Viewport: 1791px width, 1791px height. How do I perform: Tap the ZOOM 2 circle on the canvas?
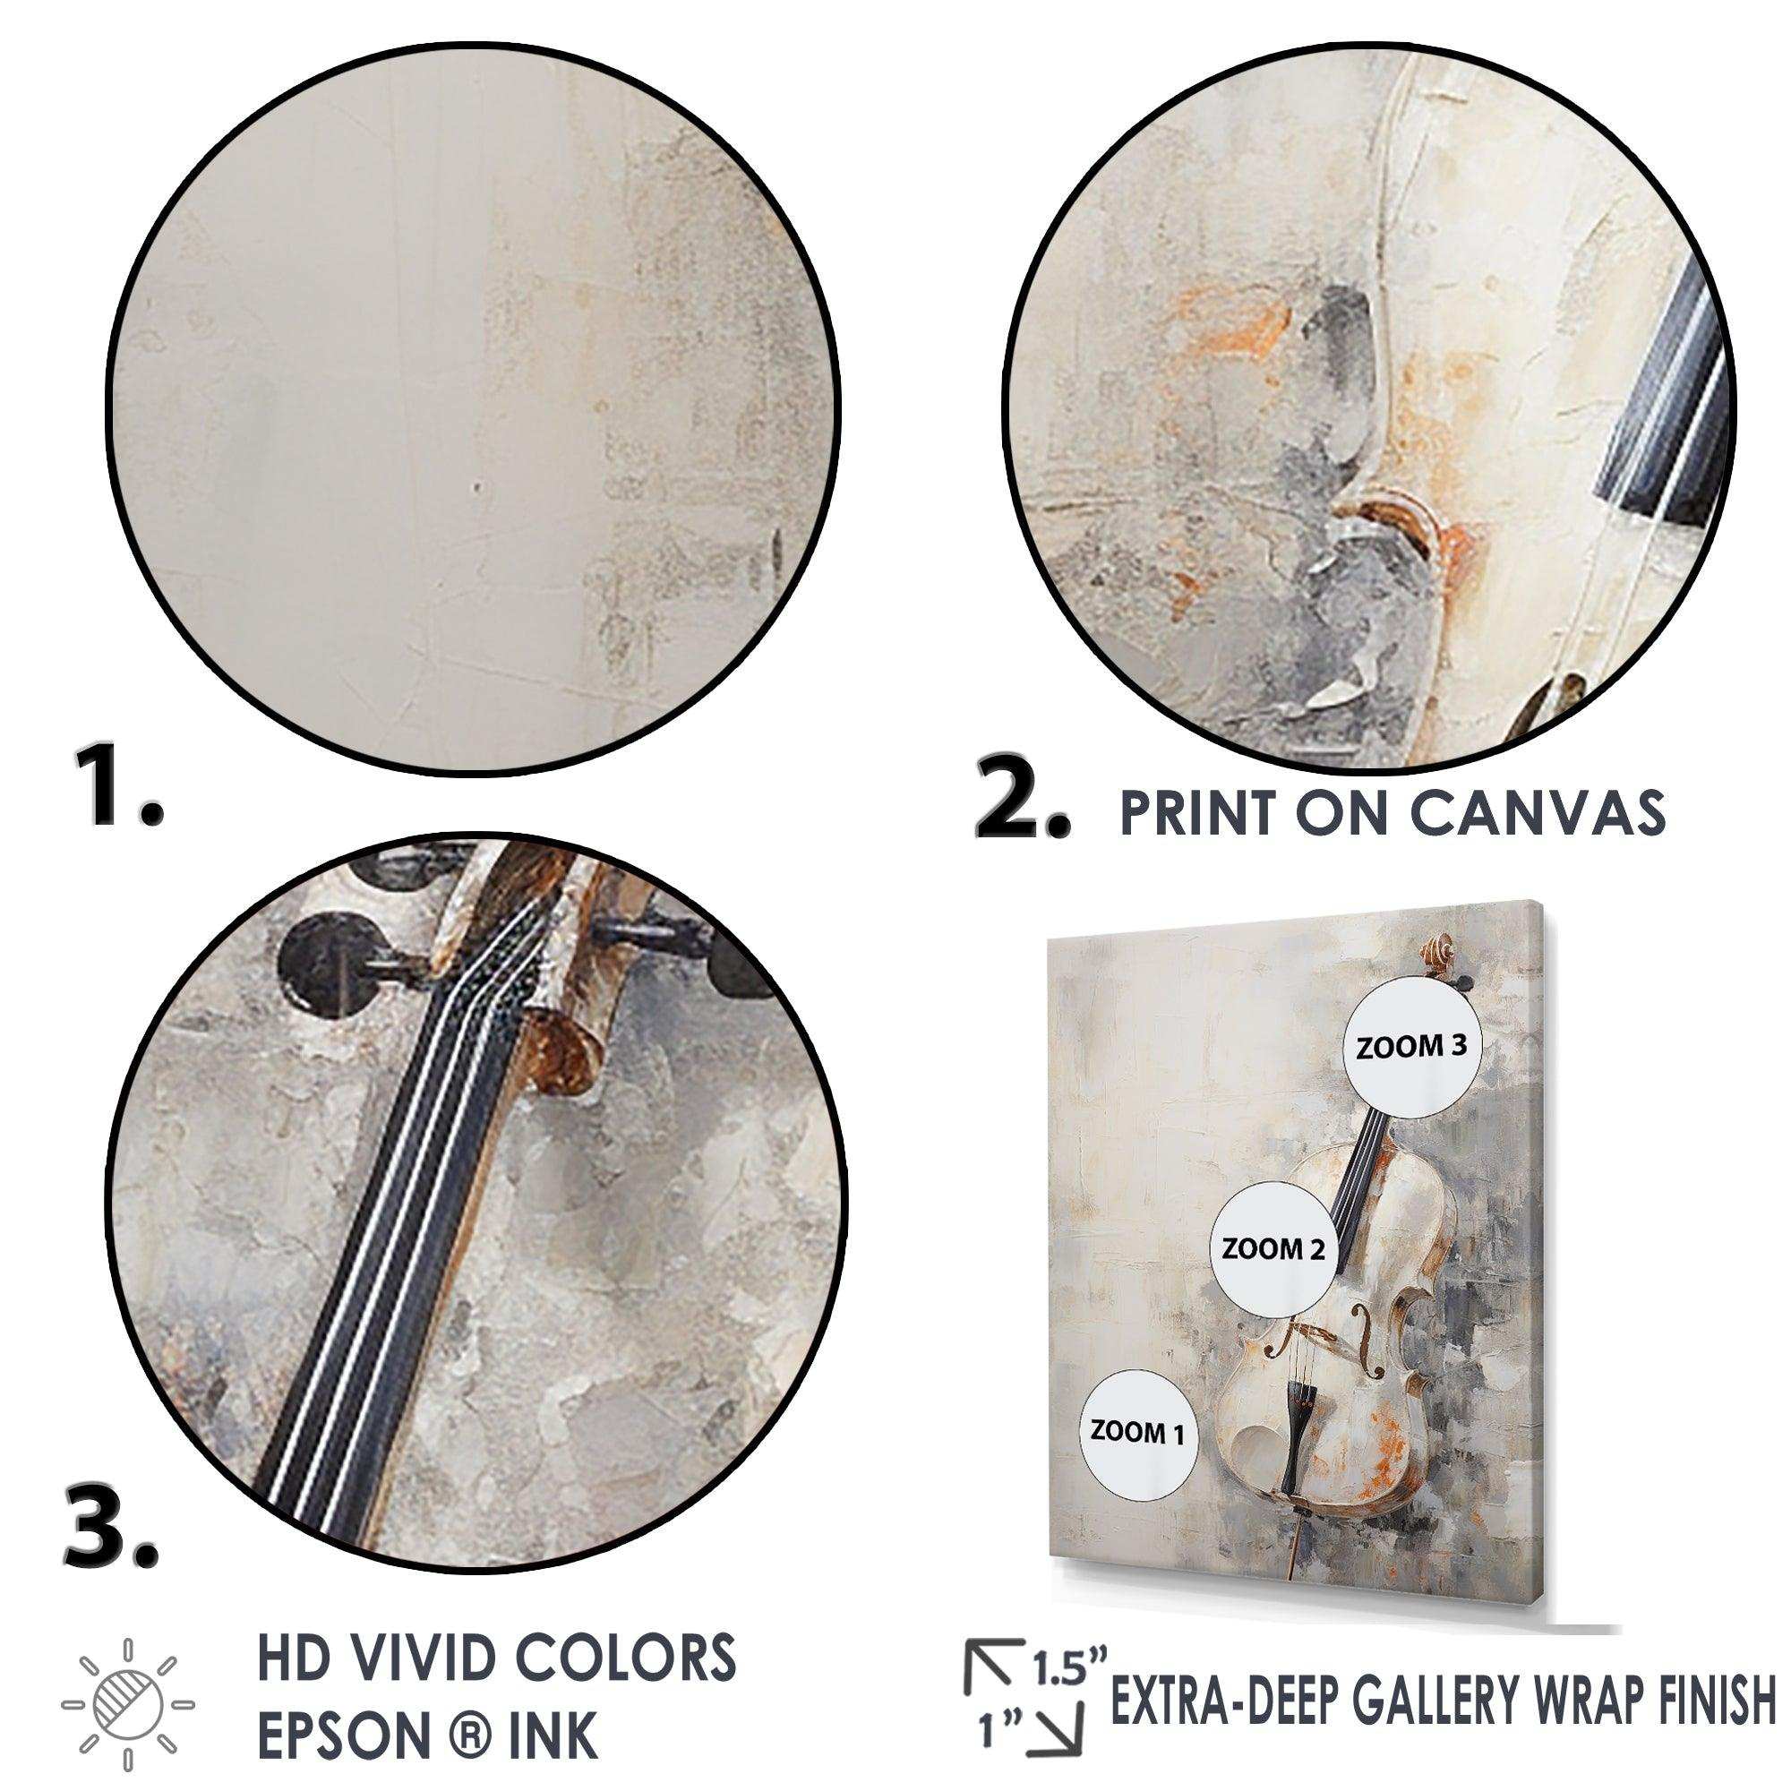(1273, 1248)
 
